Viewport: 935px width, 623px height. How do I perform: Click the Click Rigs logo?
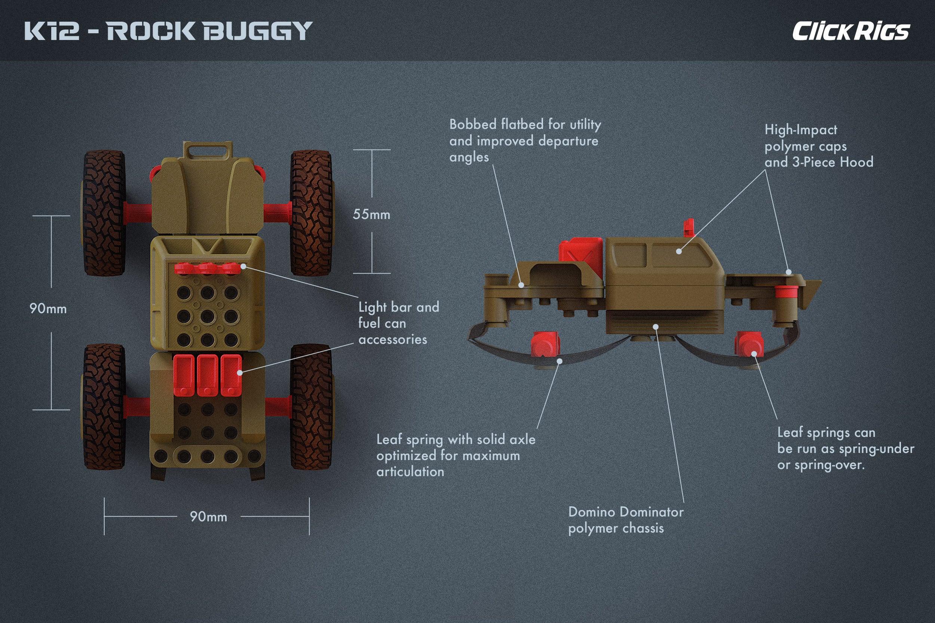851,31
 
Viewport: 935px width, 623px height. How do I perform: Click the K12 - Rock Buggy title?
168,31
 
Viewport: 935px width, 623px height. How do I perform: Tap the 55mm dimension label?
371,215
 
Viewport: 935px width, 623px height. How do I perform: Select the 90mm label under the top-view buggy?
208,516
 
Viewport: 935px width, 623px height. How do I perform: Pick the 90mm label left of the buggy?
48,309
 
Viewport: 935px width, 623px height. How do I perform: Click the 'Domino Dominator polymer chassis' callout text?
626,520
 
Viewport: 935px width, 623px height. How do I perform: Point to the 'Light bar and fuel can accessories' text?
398,323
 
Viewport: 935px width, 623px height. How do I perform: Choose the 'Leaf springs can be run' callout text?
846,448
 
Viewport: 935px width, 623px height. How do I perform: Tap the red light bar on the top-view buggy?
208,268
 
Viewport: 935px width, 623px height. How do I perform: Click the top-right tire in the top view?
311,213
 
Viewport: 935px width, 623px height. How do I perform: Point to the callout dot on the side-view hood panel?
679,251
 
